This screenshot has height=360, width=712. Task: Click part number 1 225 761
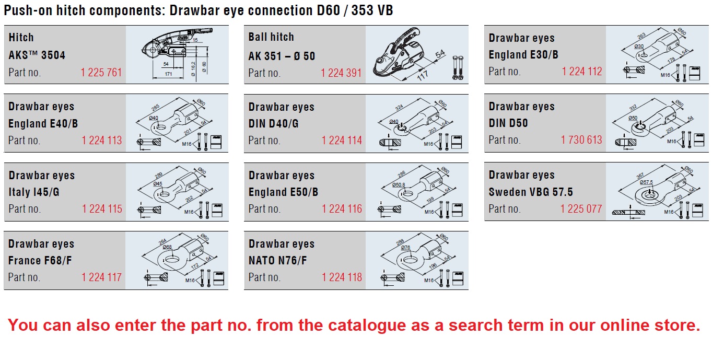(101, 72)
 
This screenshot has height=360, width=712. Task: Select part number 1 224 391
(342, 73)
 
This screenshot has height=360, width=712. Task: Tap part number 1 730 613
(581, 140)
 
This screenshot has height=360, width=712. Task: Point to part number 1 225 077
(581, 208)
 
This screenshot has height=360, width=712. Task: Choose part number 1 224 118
(342, 277)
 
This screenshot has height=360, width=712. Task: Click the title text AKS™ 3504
(37, 55)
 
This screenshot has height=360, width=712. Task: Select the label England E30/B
(523, 54)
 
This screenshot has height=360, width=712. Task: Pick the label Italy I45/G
(34, 192)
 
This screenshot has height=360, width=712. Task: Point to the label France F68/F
(40, 260)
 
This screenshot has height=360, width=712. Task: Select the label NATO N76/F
(278, 260)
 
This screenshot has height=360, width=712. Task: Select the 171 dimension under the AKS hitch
(168, 75)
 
